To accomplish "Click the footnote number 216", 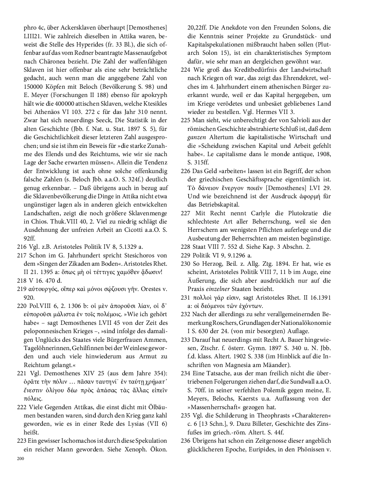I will pyautogui.click(x=22, y=246).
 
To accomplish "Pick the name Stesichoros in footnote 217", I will pyautogui.click(x=140, y=255).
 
